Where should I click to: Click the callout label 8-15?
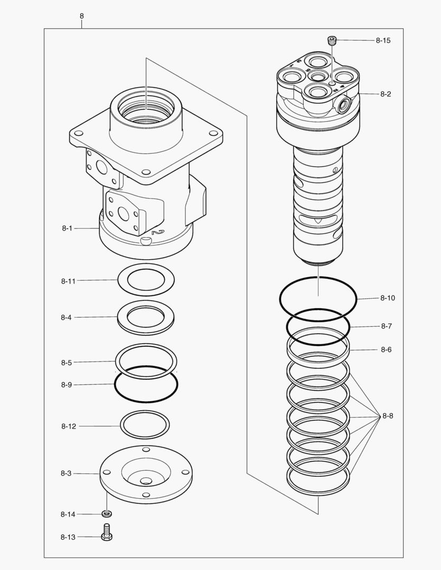click(x=383, y=41)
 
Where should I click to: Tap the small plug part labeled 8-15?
click(x=332, y=40)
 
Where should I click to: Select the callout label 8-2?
click(x=385, y=94)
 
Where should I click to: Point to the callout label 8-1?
click(x=67, y=228)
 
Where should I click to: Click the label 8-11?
click(x=68, y=281)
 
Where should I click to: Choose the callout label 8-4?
click(x=66, y=317)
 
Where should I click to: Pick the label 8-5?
click(x=66, y=363)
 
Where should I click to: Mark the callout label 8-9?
click(x=66, y=385)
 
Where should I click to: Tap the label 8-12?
click(x=68, y=426)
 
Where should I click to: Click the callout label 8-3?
click(x=66, y=473)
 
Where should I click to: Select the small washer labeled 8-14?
click(x=107, y=514)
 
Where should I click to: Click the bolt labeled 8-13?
click(x=107, y=534)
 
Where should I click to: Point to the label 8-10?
click(x=387, y=298)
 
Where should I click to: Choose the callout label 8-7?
click(x=386, y=326)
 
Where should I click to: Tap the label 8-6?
click(x=386, y=349)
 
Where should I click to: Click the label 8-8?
click(x=387, y=416)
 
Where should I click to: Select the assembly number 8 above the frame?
click(x=81, y=16)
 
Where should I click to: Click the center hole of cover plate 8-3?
click(x=146, y=481)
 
